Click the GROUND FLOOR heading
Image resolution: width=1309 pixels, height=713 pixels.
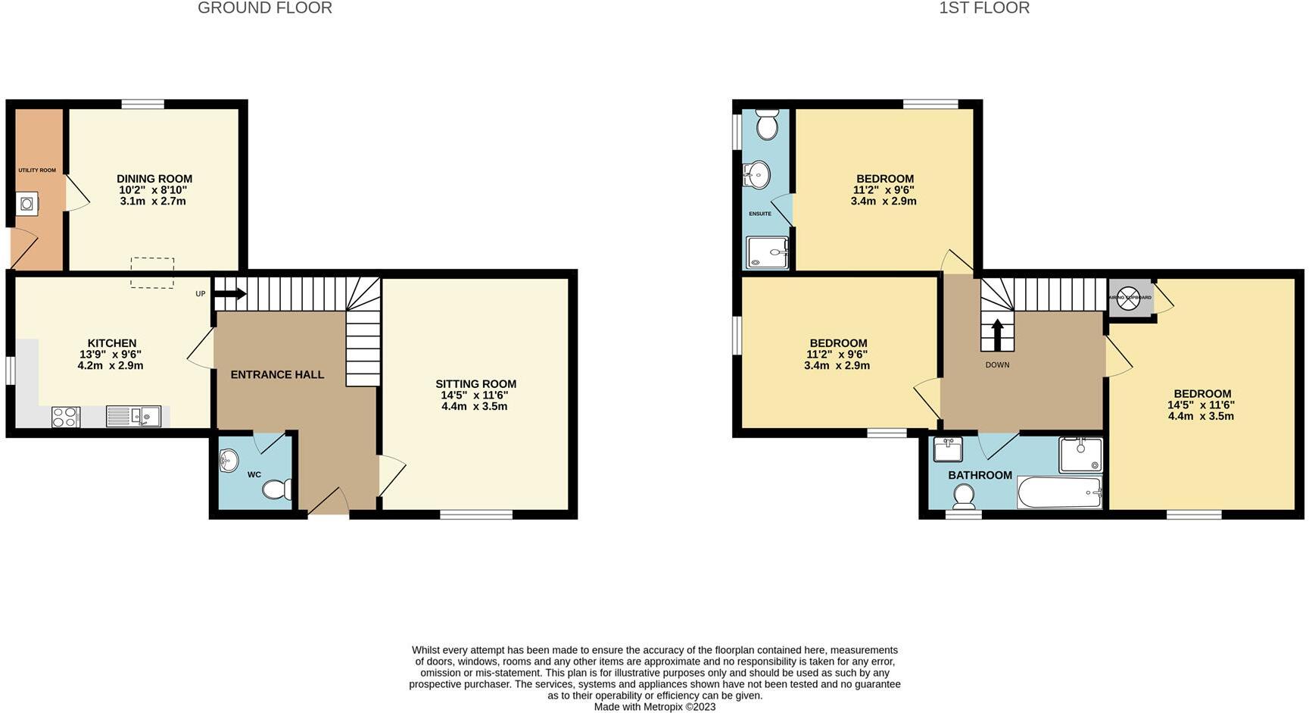(264, 8)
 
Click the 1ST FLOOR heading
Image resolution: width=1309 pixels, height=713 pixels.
(983, 8)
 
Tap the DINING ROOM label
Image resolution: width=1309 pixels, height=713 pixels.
(154, 179)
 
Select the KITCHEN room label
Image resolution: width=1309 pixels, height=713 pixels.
(112, 343)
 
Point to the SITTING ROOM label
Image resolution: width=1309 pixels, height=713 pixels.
(475, 384)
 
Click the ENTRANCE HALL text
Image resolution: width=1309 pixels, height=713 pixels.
(277, 374)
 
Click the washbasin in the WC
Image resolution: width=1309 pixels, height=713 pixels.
(228, 459)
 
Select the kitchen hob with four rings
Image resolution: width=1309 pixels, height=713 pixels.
(66, 417)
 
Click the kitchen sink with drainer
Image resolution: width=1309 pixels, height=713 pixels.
(133, 416)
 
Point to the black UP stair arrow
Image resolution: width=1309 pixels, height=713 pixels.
(230, 294)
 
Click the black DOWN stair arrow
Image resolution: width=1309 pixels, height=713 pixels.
(997, 334)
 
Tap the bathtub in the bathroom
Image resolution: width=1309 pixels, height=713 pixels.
(1059, 493)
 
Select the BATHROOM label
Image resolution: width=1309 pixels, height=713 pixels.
(980, 475)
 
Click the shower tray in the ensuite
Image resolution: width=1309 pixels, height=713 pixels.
(767, 252)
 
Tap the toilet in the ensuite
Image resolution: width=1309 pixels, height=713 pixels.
(767, 124)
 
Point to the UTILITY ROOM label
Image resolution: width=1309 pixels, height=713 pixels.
(37, 170)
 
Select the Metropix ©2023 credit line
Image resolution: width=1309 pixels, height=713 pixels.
(654, 707)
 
